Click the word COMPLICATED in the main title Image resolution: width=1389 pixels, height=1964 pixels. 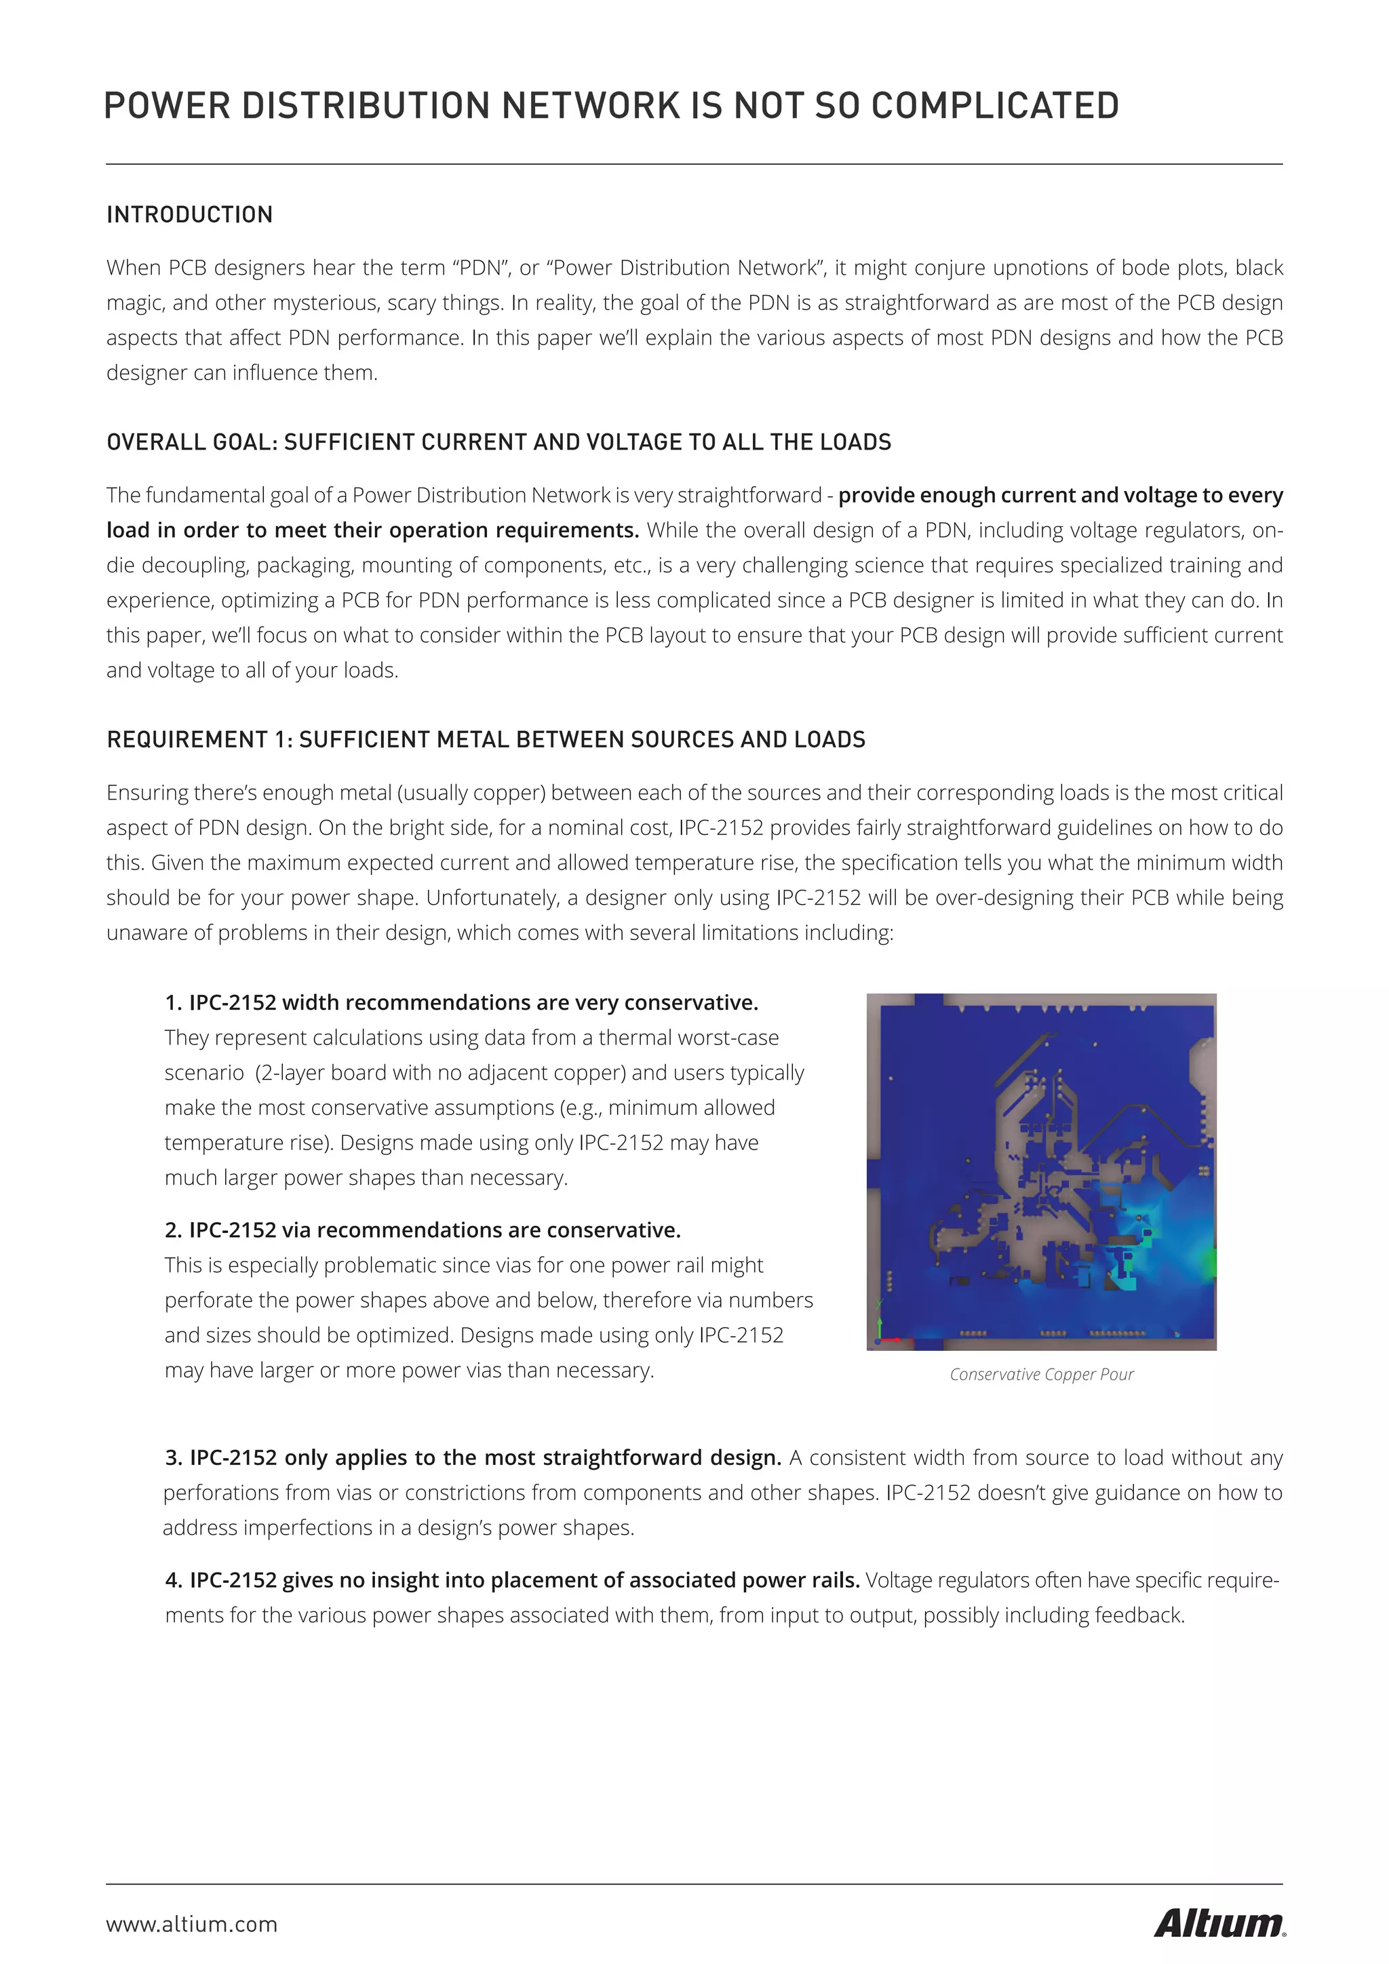(x=995, y=106)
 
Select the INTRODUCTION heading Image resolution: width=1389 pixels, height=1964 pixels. (x=189, y=215)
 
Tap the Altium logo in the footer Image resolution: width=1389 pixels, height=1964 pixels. (x=1219, y=1924)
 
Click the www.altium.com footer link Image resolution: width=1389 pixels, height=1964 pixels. (x=191, y=1925)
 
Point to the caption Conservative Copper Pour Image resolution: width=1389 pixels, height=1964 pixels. (x=1041, y=1374)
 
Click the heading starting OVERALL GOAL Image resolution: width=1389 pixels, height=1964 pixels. (x=498, y=442)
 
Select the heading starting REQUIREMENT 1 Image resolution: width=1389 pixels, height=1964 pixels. (x=485, y=739)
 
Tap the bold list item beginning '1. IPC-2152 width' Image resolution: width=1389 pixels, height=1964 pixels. (x=462, y=1002)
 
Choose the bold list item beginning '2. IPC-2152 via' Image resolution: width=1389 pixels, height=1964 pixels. (x=423, y=1230)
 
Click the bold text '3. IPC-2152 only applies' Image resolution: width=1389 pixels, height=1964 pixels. (x=473, y=1457)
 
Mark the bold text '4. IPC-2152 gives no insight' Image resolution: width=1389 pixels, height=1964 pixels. (x=511, y=1580)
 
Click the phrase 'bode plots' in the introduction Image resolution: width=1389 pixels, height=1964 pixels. (x=1174, y=268)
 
